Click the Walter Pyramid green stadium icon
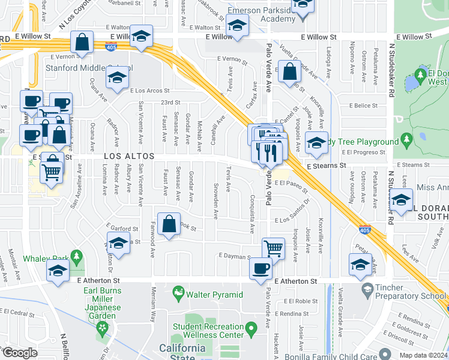pyautogui.click(x=178, y=294)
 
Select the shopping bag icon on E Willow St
pyautogui.click(x=82, y=43)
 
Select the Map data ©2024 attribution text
pyautogui.click(x=423, y=355)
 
